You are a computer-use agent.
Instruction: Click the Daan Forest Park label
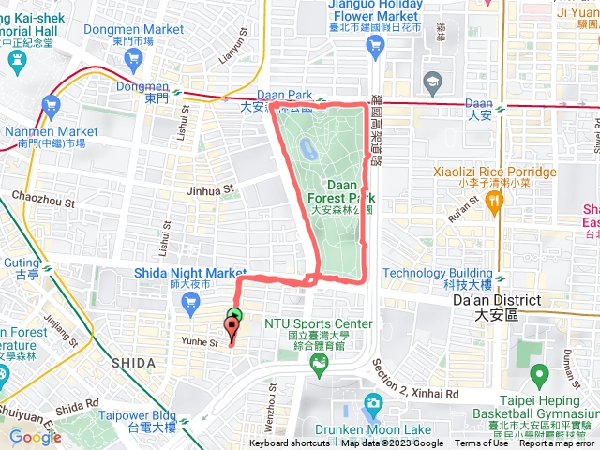341,191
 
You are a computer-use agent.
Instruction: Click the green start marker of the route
234,316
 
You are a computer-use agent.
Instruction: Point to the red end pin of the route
231,328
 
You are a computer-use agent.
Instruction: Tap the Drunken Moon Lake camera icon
373,404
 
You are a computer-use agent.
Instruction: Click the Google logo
35,437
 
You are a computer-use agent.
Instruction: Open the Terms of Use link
481,443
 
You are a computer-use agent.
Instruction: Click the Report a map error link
558,443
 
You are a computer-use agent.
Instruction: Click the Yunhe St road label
200,342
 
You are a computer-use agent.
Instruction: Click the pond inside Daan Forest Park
308,147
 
